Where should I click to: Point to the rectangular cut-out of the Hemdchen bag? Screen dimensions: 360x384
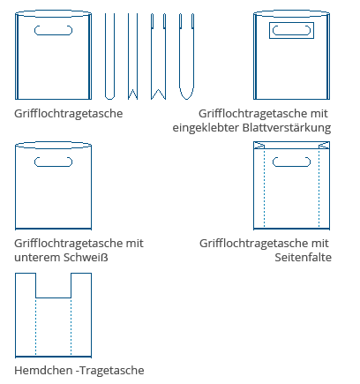(x=53, y=297)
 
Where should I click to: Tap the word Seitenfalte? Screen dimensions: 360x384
(x=304, y=258)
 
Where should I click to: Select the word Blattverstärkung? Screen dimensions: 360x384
(x=287, y=128)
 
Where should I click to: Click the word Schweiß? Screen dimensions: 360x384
(x=86, y=258)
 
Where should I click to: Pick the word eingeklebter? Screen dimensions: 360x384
(x=206, y=128)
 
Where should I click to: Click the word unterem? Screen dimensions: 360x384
(x=37, y=258)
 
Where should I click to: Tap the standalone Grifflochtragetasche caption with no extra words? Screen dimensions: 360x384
(x=69, y=114)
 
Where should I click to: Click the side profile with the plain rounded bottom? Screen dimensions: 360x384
(x=109, y=56)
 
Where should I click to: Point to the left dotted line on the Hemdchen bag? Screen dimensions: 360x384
(x=35, y=327)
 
